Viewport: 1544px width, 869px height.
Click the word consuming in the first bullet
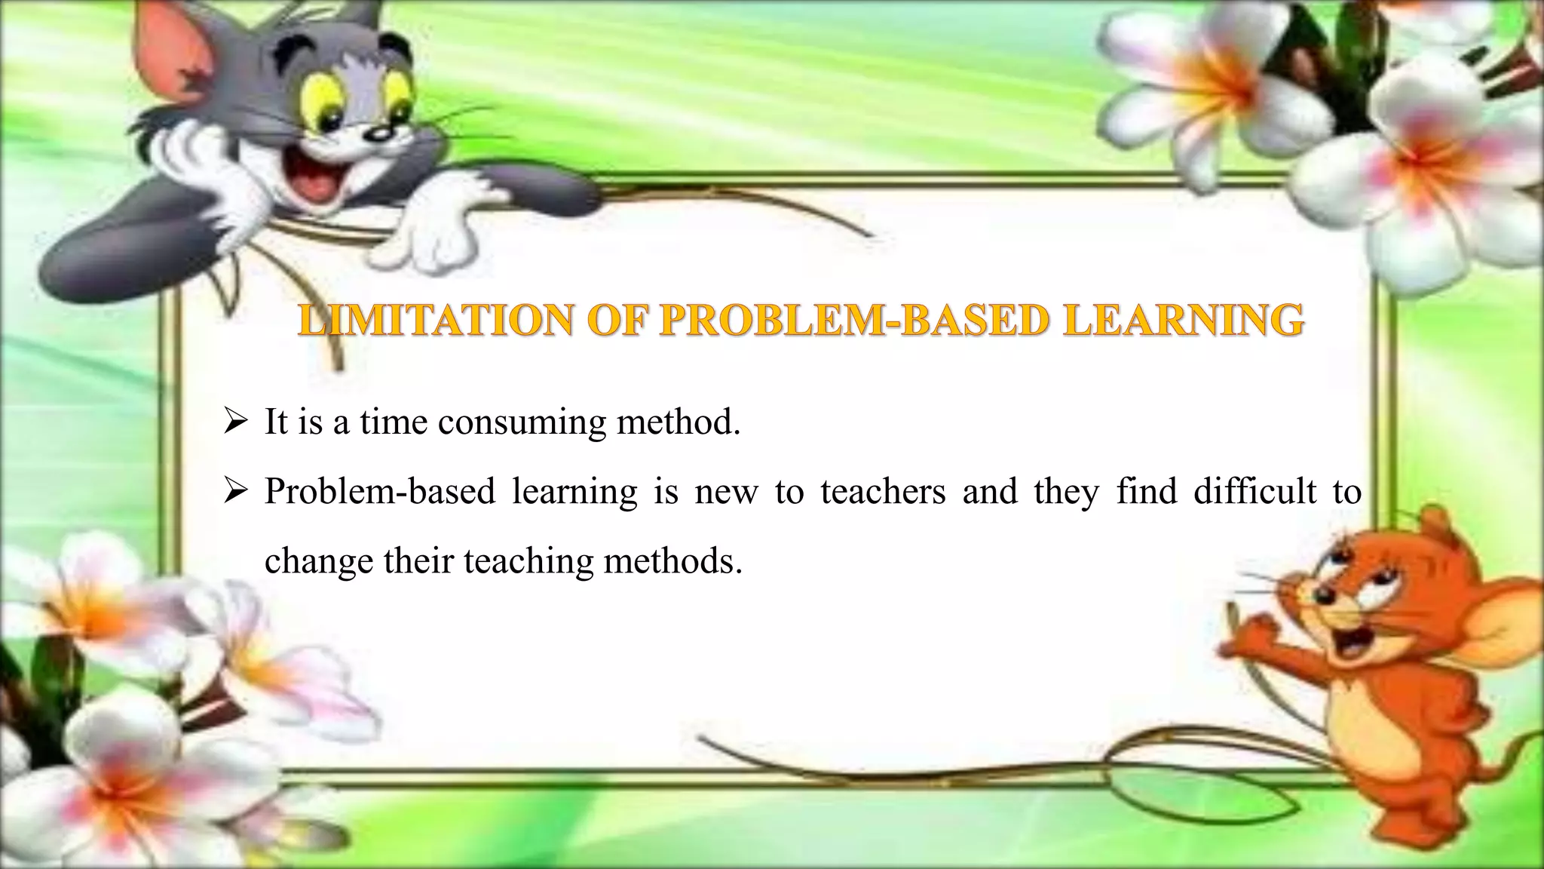pyautogui.click(x=522, y=422)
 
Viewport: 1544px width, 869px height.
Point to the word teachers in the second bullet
pyautogui.click(x=883, y=492)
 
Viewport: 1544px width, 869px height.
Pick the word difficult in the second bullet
pyautogui.click(x=1254, y=492)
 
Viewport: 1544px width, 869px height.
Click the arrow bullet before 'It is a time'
pyautogui.click(x=236, y=423)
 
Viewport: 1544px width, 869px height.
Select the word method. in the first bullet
pyautogui.click(x=679, y=422)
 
